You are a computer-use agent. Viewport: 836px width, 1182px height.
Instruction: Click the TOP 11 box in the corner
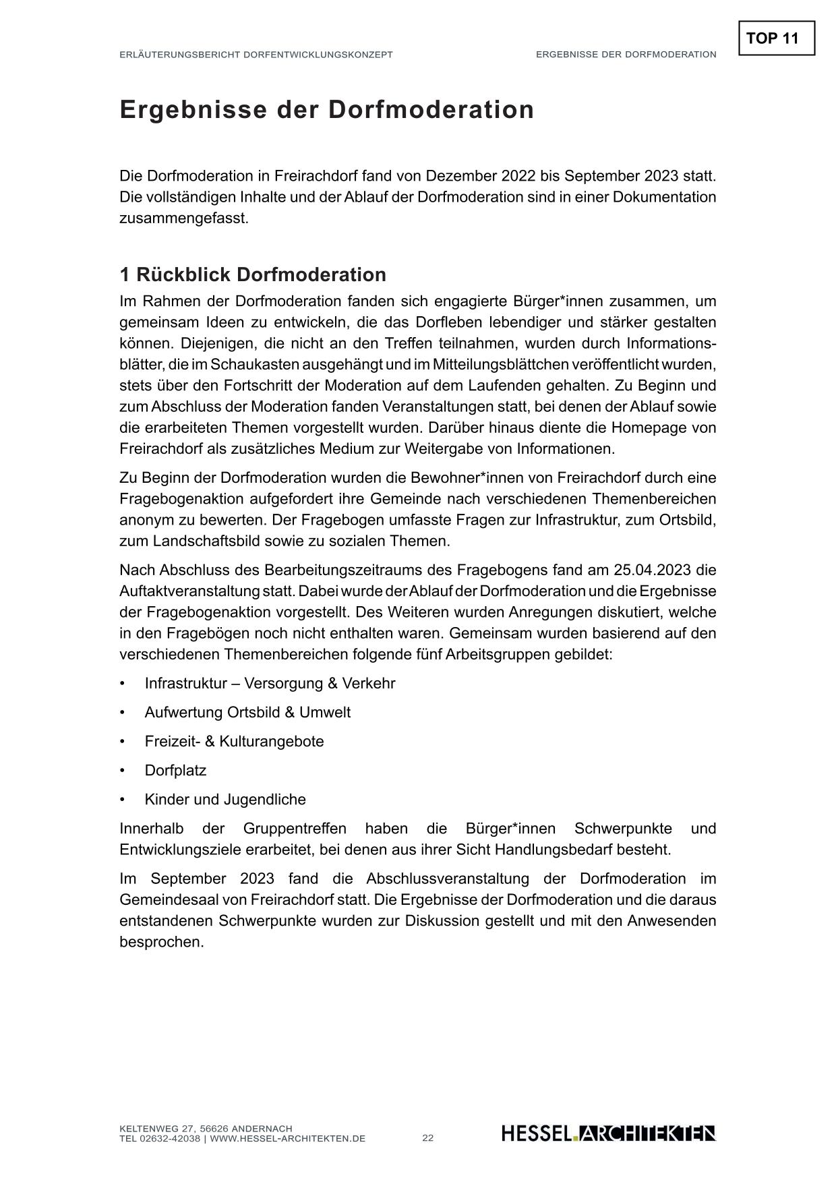click(776, 38)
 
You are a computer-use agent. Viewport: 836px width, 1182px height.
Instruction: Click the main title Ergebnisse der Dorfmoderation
click(326, 110)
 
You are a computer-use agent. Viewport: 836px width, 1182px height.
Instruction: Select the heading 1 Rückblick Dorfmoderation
click(253, 275)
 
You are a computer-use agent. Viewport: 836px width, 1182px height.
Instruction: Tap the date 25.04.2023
click(652, 570)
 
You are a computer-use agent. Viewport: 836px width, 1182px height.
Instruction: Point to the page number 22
click(428, 1138)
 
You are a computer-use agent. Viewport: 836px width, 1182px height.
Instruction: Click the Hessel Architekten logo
click(608, 1133)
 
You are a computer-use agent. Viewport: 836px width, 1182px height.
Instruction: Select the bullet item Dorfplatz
click(175, 771)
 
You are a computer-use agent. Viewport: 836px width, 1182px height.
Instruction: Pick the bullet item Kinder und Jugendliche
click(225, 800)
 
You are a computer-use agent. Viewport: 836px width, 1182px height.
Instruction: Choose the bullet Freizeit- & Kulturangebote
click(234, 742)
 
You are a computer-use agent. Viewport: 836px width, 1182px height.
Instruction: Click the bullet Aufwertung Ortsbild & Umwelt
click(247, 713)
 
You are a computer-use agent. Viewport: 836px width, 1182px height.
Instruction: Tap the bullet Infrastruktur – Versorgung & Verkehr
click(270, 684)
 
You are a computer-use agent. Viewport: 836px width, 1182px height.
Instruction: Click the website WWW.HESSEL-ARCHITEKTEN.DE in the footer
click(288, 1139)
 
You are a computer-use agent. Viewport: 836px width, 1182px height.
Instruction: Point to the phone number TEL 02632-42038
click(160, 1139)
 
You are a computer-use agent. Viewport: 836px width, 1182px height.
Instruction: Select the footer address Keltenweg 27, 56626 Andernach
click(206, 1129)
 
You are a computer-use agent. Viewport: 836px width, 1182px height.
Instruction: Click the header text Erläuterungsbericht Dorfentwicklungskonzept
click(256, 55)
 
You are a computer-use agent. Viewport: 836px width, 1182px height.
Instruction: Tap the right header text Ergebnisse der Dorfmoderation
click(626, 55)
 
